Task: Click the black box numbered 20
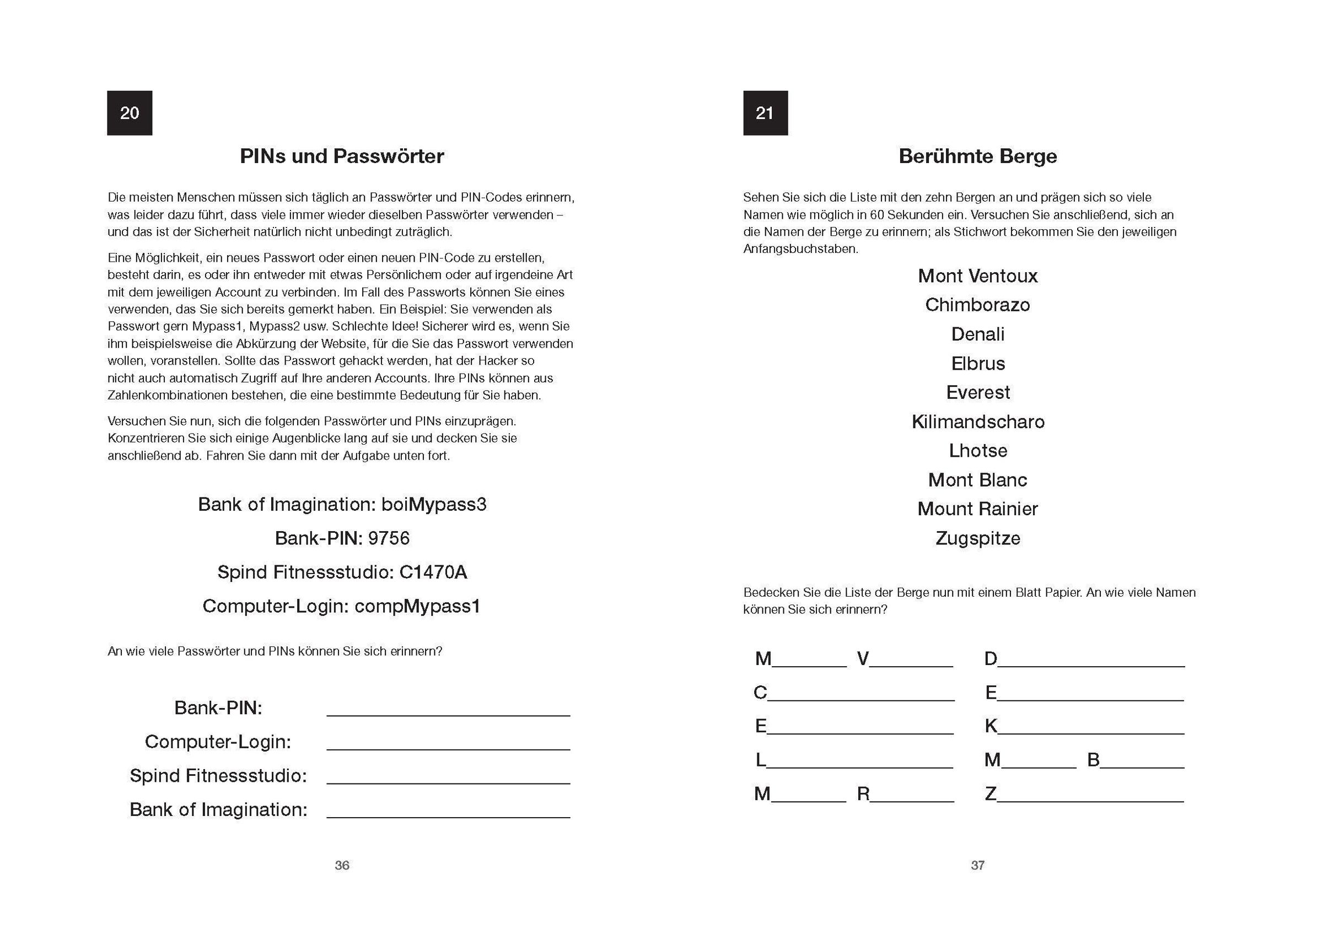click(130, 113)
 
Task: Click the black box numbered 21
click(765, 113)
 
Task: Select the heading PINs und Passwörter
click(342, 156)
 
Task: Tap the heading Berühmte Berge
click(977, 156)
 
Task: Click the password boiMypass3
click(433, 505)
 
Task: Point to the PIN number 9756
click(389, 539)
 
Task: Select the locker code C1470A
click(433, 572)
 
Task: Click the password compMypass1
click(417, 606)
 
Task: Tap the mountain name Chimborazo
click(977, 305)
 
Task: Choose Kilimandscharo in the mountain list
click(977, 421)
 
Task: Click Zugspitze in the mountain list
click(977, 539)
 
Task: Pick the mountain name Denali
click(977, 334)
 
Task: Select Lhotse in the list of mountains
click(977, 451)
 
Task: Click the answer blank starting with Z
click(1090, 797)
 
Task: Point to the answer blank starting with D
click(1091, 662)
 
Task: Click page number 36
click(342, 865)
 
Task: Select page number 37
click(977, 865)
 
